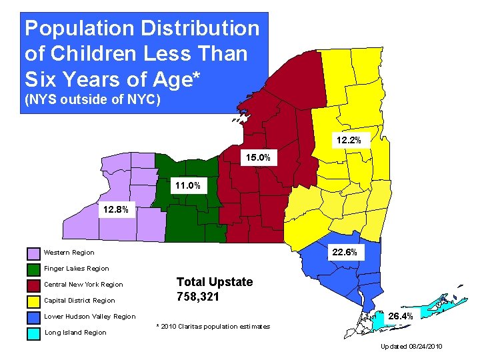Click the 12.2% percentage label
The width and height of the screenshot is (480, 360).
(349, 141)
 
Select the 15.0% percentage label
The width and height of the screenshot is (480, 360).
(257, 158)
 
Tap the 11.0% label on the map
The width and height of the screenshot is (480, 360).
(187, 185)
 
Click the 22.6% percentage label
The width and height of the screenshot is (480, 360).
(345, 252)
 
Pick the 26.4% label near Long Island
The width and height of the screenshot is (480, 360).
(400, 316)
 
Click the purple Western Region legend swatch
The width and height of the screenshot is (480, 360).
(33, 253)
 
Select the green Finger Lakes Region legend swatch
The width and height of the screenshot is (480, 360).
(33, 269)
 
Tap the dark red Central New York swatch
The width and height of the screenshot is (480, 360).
(33, 285)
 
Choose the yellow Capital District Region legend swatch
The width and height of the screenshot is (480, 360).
(33, 301)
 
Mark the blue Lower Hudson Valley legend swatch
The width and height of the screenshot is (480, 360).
(33, 317)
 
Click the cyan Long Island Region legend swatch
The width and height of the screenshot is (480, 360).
(33, 333)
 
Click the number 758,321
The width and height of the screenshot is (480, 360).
(197, 297)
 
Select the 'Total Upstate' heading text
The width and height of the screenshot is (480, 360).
(214, 282)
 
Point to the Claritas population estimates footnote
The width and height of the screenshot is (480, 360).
(213, 326)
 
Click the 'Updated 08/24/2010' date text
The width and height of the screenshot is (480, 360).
(411, 347)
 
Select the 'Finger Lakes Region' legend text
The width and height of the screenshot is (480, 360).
(76, 269)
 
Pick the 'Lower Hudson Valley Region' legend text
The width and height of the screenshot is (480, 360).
(89, 317)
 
